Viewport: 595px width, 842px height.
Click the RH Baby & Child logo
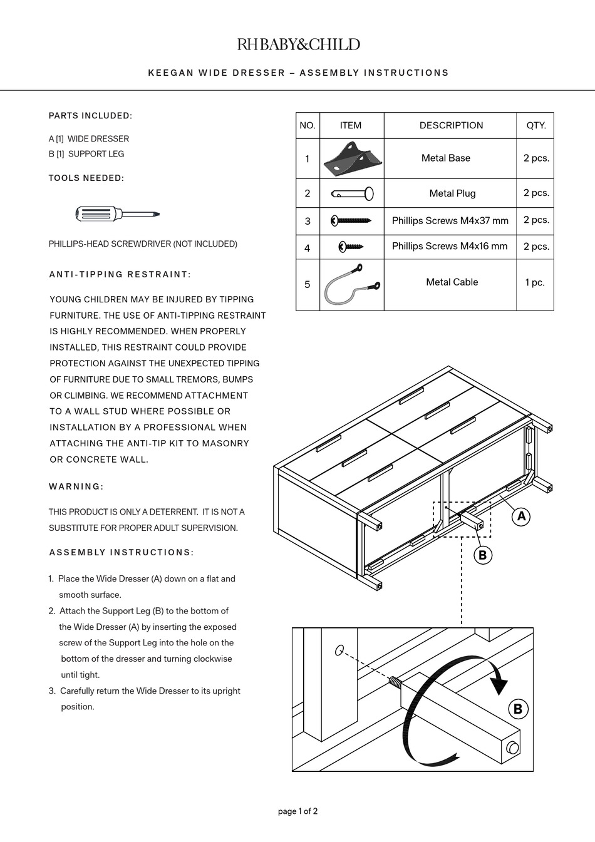[298, 44]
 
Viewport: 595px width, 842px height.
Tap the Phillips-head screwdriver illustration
[118, 215]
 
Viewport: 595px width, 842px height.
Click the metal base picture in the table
[351, 159]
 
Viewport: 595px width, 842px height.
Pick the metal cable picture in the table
[351, 285]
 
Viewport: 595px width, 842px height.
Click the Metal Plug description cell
[452, 193]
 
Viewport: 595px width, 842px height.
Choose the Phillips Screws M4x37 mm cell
[450, 220]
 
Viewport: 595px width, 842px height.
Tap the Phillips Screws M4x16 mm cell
[450, 246]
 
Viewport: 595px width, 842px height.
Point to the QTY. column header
[535, 125]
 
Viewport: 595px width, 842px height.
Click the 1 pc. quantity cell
[535, 283]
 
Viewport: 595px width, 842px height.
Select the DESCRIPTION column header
[451, 125]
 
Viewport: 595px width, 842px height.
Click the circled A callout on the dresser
[521, 516]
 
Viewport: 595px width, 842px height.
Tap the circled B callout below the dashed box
[482, 555]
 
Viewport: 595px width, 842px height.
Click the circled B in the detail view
[517, 709]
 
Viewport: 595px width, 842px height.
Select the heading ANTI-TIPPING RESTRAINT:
[120, 274]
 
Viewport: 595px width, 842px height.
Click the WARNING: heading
[76, 486]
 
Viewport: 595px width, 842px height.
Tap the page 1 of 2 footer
[297, 811]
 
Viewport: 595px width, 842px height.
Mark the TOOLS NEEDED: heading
[86, 178]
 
